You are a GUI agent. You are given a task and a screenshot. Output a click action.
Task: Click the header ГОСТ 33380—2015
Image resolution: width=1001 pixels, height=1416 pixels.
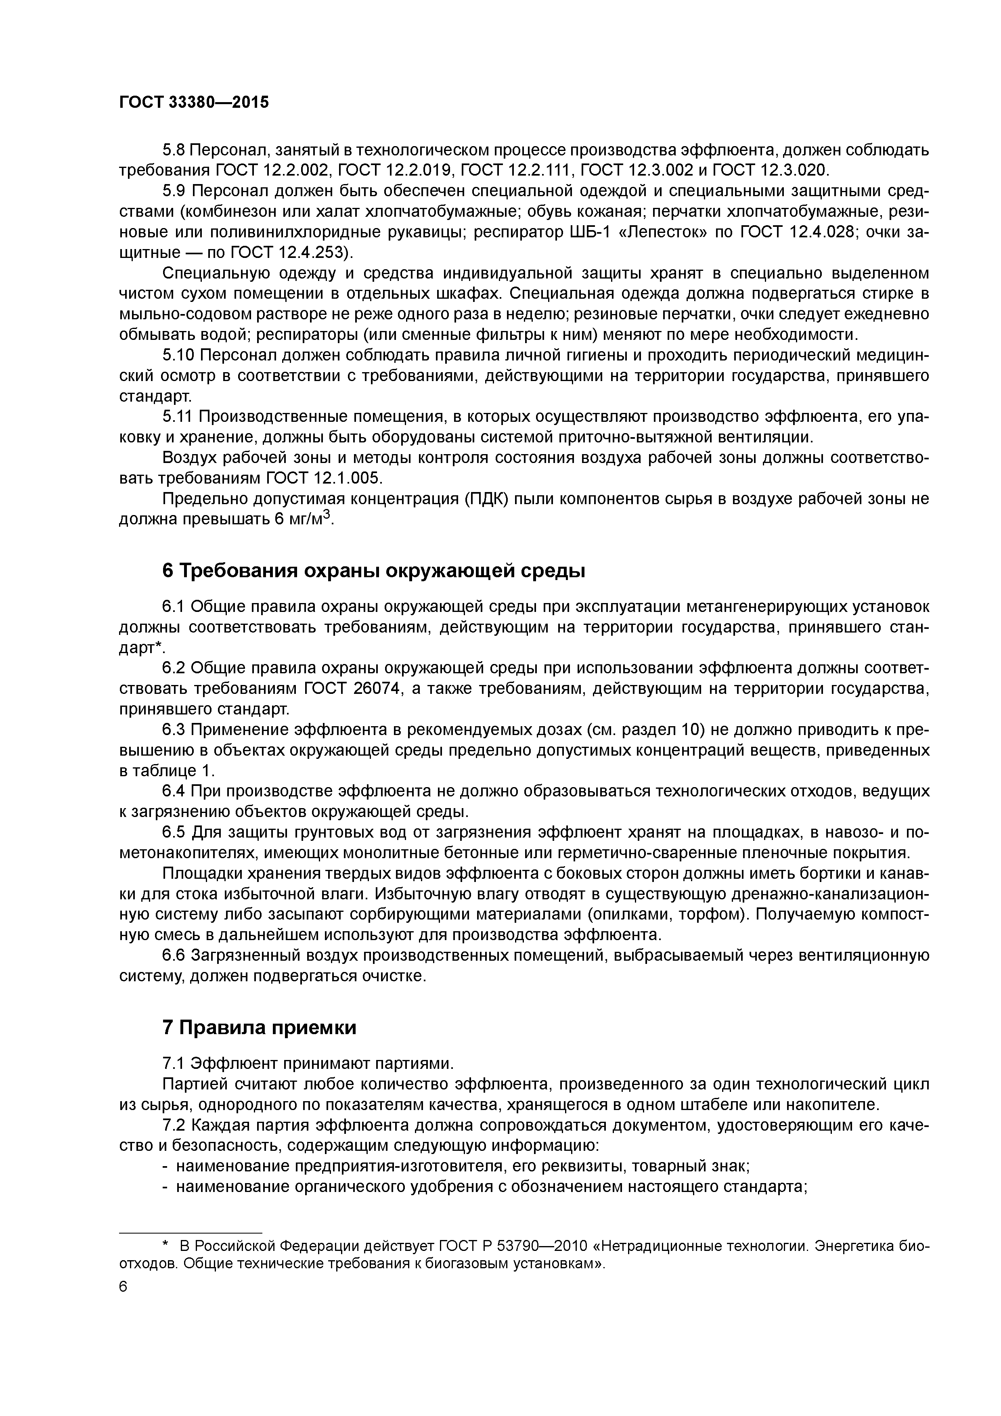point(194,103)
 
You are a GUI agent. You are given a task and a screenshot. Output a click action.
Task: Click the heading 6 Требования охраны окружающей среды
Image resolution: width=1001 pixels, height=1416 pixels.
point(373,571)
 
